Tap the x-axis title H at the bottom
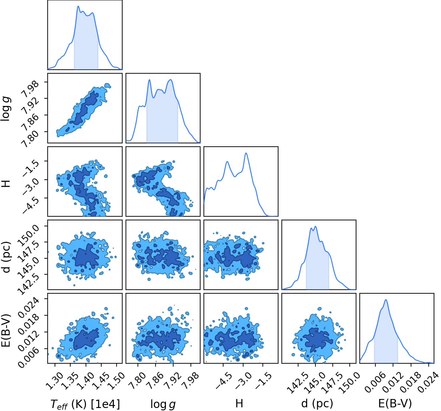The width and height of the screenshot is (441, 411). pyautogui.click(x=239, y=403)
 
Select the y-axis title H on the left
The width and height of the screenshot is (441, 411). pyautogui.click(x=6, y=184)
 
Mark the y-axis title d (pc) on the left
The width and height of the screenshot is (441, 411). pyautogui.click(x=6, y=257)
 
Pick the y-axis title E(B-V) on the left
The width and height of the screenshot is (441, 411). pyautogui.click(x=6, y=330)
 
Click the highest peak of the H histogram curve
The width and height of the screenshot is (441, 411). pyautogui.click(x=246, y=153)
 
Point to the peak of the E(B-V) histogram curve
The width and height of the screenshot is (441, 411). pyautogui.click(x=386, y=300)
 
